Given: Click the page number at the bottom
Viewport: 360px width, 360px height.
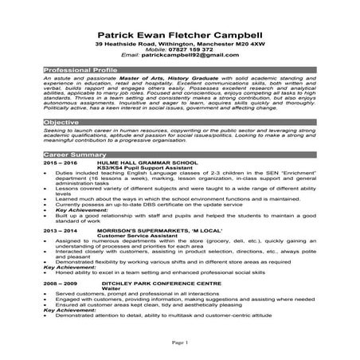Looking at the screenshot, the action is click(x=179, y=342).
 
